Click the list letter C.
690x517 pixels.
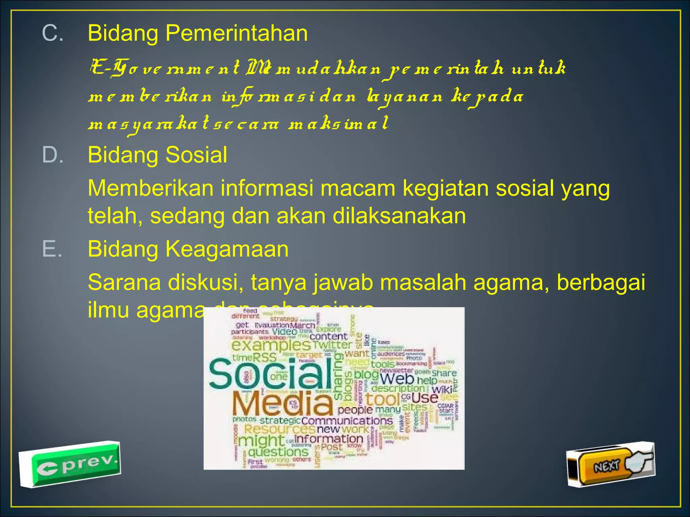53,33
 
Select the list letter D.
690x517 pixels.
53,155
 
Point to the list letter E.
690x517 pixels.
52,249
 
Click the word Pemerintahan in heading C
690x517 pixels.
236,33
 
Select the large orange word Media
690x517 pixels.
282,404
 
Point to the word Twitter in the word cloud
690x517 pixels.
333,345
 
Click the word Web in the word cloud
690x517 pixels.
397,379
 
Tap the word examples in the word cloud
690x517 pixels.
271,345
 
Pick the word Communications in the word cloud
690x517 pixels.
347,421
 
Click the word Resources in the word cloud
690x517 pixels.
280,429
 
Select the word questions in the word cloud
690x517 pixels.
278,452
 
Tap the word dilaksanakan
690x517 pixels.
399,216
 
